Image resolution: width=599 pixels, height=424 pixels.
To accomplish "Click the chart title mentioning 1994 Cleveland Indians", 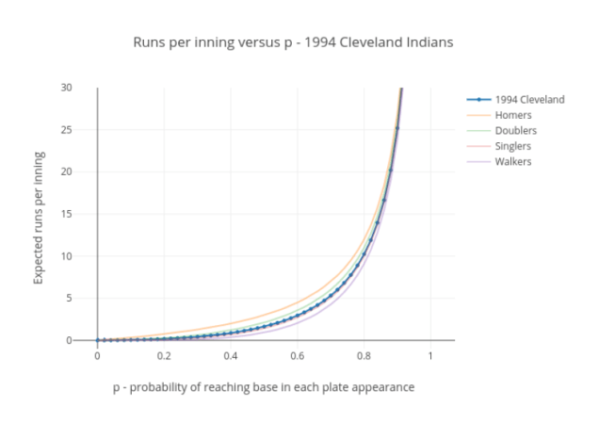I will pyautogui.click(x=299, y=43).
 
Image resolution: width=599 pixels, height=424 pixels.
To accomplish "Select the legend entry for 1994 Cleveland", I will pyautogui.click(x=529, y=100).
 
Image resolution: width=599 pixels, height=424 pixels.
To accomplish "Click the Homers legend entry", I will pyautogui.click(x=513, y=115).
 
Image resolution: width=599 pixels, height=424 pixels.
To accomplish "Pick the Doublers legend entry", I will pyautogui.click(x=516, y=130).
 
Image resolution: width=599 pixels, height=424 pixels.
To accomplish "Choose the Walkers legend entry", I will pyautogui.click(x=513, y=161).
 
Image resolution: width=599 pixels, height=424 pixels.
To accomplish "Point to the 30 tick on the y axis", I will pyautogui.click(x=67, y=88).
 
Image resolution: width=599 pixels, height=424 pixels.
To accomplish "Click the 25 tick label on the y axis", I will pyautogui.click(x=67, y=129).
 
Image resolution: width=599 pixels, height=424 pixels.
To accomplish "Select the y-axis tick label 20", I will pyautogui.click(x=67, y=171).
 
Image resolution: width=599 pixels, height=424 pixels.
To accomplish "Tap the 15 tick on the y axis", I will pyautogui.click(x=67, y=214).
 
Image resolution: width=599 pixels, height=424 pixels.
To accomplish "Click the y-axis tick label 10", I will pyautogui.click(x=67, y=256).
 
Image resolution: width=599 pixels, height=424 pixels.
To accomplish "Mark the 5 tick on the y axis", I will pyautogui.click(x=70, y=298).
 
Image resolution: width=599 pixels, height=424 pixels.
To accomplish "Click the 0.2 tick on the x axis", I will pyautogui.click(x=164, y=355).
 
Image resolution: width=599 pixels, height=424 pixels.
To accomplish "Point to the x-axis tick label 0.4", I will pyautogui.click(x=231, y=355).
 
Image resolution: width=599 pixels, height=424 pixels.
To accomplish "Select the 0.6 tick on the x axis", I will pyautogui.click(x=298, y=355).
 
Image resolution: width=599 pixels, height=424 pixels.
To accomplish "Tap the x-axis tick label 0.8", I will pyautogui.click(x=364, y=355).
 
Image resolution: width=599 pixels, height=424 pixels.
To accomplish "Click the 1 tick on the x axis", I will pyautogui.click(x=430, y=355).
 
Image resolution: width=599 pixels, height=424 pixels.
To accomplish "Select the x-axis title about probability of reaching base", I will pyautogui.click(x=264, y=387).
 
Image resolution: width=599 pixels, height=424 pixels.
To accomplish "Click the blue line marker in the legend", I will pyautogui.click(x=478, y=100).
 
